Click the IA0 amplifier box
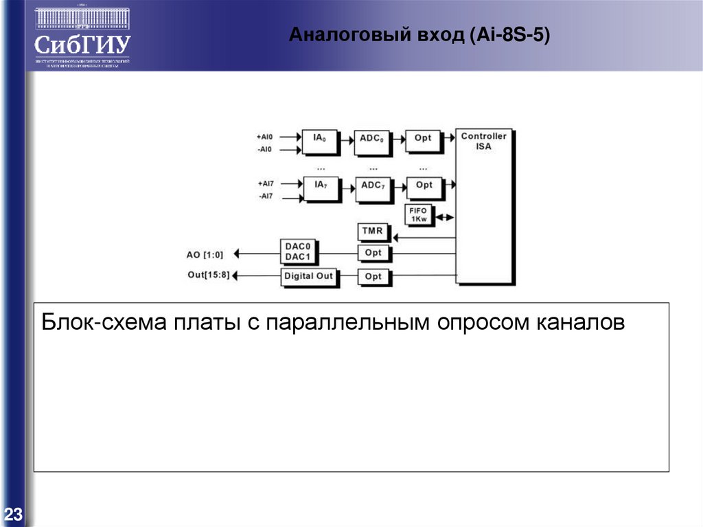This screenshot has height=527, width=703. [320, 138]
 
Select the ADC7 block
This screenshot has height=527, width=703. [373, 186]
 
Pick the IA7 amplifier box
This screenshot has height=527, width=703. [321, 186]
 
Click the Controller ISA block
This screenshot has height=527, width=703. [484, 206]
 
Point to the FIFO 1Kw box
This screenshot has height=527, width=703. [418, 215]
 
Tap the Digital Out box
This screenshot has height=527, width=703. [308, 276]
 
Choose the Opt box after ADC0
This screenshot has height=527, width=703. [423, 138]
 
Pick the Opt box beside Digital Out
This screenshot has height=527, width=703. [373, 276]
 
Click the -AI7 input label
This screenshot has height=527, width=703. [266, 197]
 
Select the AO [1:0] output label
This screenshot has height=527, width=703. [205, 254]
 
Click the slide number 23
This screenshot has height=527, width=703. [14, 514]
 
